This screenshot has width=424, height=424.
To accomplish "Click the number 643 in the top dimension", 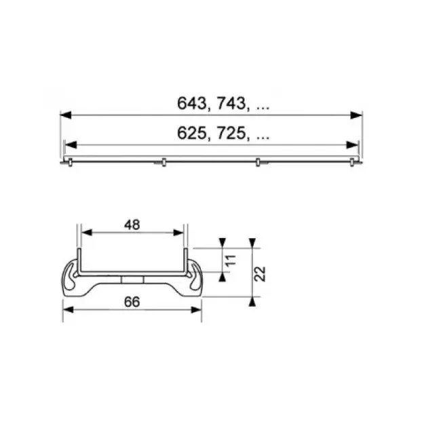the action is coord(191,103).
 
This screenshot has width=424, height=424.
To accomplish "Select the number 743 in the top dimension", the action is coord(231,103).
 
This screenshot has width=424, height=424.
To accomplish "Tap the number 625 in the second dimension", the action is coord(191,133).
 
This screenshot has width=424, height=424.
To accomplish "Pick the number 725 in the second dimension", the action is coord(231,133).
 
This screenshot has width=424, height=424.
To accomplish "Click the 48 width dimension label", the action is coord(132,225).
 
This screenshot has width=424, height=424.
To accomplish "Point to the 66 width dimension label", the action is coord(132,302).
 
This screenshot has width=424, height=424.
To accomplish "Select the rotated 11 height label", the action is coord(231,261).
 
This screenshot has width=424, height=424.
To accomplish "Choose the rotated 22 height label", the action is coord(261,274).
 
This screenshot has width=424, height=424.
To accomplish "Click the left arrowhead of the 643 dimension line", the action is coord(66,115).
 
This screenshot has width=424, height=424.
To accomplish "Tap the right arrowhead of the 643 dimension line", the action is coord(356,115).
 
